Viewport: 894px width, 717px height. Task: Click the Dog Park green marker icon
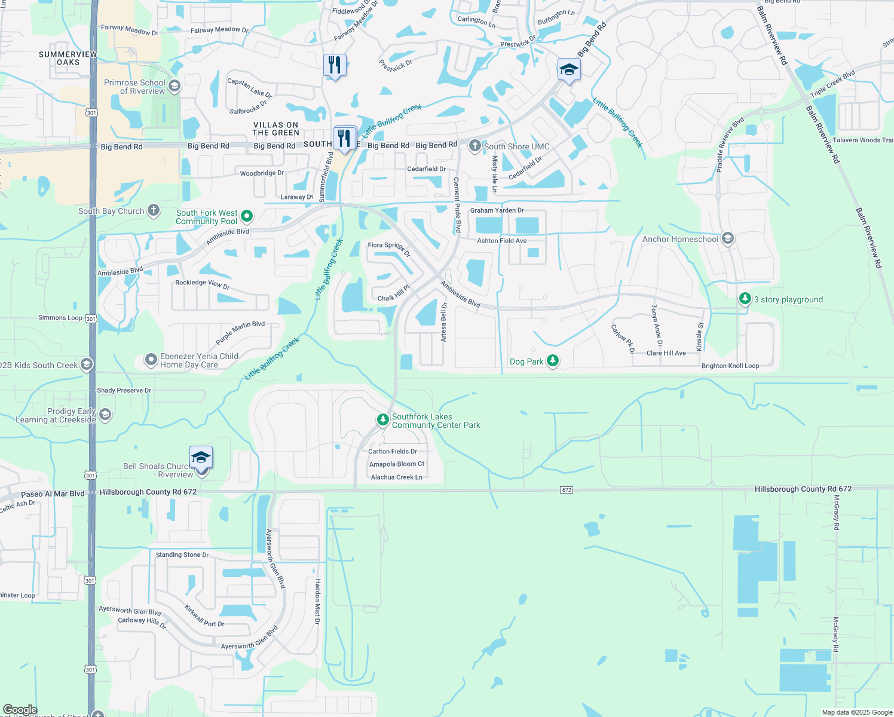553,360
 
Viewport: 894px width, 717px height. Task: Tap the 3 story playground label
788,300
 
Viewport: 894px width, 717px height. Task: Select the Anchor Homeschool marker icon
727,239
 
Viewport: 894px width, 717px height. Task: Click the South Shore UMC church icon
475,146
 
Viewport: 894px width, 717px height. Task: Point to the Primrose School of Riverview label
134,87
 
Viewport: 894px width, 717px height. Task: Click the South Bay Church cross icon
154,210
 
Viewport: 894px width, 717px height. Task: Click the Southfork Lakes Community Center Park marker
382,420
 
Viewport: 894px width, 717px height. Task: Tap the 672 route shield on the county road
567,490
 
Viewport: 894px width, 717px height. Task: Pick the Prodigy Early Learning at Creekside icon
105,415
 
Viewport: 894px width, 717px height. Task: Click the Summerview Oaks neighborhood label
68,58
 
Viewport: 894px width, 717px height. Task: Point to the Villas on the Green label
275,129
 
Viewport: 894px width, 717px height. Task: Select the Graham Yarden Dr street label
497,210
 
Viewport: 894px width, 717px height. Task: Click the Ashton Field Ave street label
501,241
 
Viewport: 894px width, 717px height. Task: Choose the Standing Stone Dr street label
182,555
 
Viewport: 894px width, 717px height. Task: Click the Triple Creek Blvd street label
832,84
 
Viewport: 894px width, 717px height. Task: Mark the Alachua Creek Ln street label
396,477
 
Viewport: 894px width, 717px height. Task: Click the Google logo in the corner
20,710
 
